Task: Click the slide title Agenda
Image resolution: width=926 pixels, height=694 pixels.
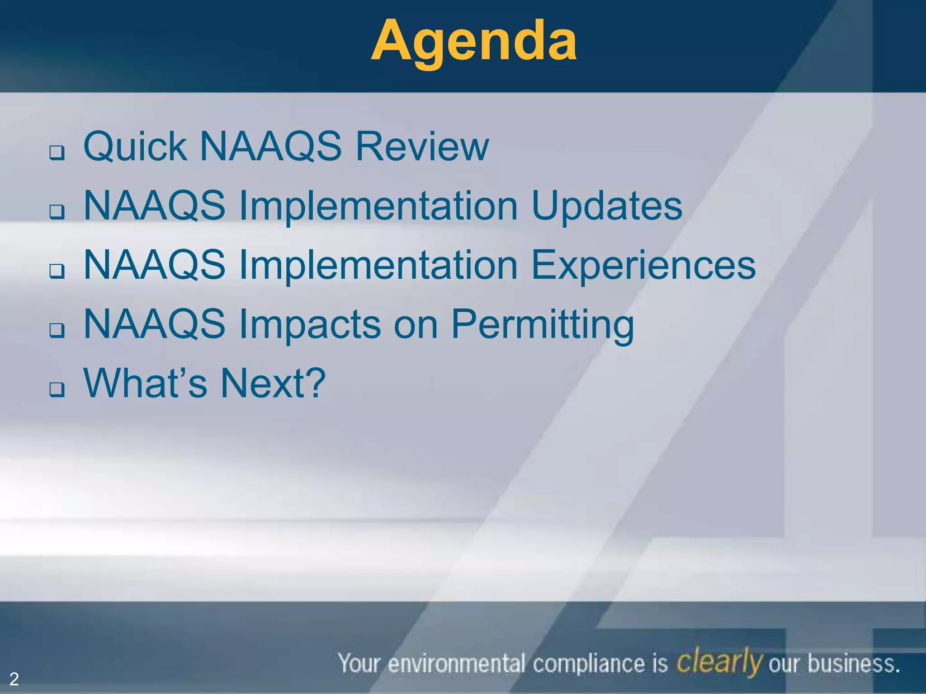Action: coord(473,42)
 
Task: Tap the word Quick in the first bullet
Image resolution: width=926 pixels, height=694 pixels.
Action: coord(135,147)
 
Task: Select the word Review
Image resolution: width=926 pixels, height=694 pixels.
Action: coord(422,146)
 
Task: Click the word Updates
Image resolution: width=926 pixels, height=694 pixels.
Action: coord(606,206)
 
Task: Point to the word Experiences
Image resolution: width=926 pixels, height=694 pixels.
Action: coord(643,265)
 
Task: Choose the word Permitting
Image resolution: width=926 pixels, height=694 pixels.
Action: coord(543,325)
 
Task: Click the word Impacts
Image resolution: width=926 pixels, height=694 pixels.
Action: coord(310,325)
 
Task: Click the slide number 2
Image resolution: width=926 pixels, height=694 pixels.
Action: coord(14,679)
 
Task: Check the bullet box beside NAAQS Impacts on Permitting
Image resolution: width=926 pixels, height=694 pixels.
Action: coord(57,330)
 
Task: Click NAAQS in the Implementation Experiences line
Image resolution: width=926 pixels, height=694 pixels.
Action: coord(155,265)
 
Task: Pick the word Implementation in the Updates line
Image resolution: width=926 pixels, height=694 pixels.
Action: coord(378,206)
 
